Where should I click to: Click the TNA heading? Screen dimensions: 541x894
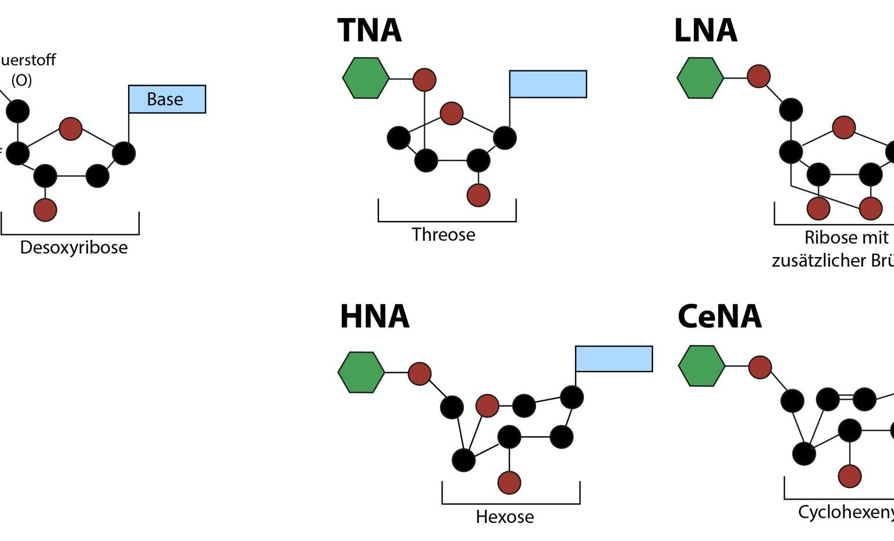tap(370, 31)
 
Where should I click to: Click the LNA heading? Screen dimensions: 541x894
tap(705, 31)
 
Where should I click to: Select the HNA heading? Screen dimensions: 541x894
tap(374, 316)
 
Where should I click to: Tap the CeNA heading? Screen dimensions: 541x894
tap(719, 316)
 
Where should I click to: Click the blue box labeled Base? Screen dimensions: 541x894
tap(166, 99)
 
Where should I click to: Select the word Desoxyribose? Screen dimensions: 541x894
tap(74, 247)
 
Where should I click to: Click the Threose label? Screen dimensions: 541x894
tap(444, 234)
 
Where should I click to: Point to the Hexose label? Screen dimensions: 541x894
tap(505, 517)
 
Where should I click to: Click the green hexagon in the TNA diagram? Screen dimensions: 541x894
tap(366, 78)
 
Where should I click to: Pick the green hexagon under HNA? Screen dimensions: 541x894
tap(361, 372)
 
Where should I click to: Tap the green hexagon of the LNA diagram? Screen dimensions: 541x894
tap(700, 78)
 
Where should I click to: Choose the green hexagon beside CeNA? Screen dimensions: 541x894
tap(701, 366)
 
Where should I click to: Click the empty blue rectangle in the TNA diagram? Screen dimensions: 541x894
tap(548, 84)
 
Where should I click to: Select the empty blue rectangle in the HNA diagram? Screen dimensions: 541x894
tap(613, 358)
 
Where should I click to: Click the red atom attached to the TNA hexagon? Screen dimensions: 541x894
tap(424, 80)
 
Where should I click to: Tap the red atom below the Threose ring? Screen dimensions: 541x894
tap(478, 195)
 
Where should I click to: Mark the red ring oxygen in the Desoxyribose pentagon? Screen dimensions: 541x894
tap(70, 129)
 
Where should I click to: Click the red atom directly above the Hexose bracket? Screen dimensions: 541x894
tap(509, 482)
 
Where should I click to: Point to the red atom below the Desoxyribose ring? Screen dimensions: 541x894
tap(45, 209)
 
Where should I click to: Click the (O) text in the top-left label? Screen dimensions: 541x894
tap(22, 80)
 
